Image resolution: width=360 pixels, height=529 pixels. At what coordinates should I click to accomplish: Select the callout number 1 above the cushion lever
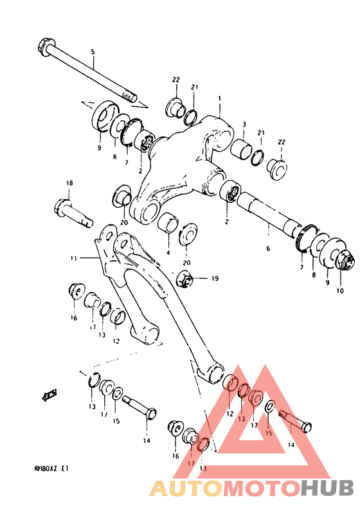coord(219,99)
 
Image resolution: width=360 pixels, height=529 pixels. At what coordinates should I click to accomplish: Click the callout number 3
coord(244,124)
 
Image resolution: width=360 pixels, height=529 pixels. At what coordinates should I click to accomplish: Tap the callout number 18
coord(69,183)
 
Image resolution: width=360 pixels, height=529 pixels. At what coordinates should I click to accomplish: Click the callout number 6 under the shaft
coord(268,248)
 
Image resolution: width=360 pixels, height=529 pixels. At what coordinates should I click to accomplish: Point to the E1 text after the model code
coord(65,469)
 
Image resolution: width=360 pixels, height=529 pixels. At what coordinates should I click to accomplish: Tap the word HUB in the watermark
coord(326,488)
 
